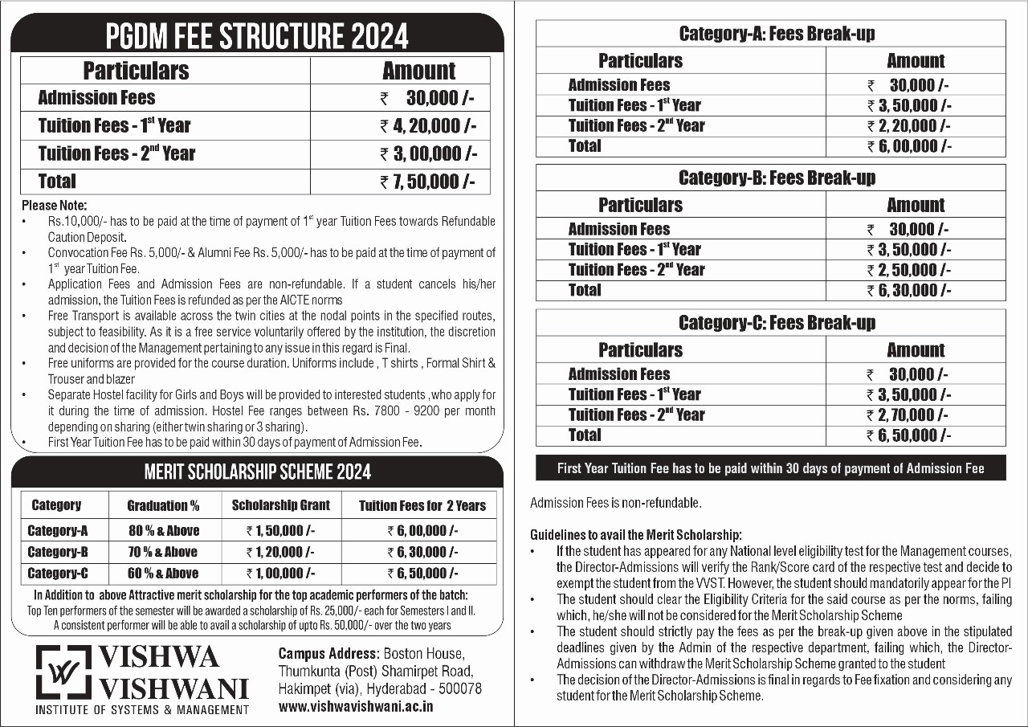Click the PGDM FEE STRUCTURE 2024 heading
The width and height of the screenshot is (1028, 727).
click(x=258, y=36)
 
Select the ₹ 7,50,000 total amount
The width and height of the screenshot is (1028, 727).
click(x=428, y=182)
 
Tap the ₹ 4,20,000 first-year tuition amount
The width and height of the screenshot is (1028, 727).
click(x=428, y=125)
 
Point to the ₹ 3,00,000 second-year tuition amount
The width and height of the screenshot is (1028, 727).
click(x=428, y=153)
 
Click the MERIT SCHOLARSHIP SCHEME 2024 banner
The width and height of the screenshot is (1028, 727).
click(x=258, y=472)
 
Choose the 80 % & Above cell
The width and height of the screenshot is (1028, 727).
click(x=164, y=531)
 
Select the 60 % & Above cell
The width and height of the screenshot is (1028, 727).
click(x=164, y=574)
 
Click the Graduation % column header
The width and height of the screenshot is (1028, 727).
click(x=163, y=506)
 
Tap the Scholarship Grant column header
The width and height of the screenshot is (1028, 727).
click(x=280, y=506)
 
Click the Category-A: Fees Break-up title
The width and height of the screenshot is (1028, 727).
click(x=776, y=34)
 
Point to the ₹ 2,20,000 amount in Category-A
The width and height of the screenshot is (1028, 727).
click(x=908, y=125)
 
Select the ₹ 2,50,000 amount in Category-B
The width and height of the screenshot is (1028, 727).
click(x=908, y=270)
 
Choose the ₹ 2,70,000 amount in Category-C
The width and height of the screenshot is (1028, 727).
click(x=908, y=415)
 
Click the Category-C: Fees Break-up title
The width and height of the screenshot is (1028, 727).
click(x=776, y=323)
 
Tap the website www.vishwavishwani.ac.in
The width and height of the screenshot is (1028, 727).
click(x=356, y=707)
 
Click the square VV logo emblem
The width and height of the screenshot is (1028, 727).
click(x=63, y=672)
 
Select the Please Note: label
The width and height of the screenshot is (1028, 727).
click(x=54, y=206)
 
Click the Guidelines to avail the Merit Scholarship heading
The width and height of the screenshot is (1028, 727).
click(x=636, y=535)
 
